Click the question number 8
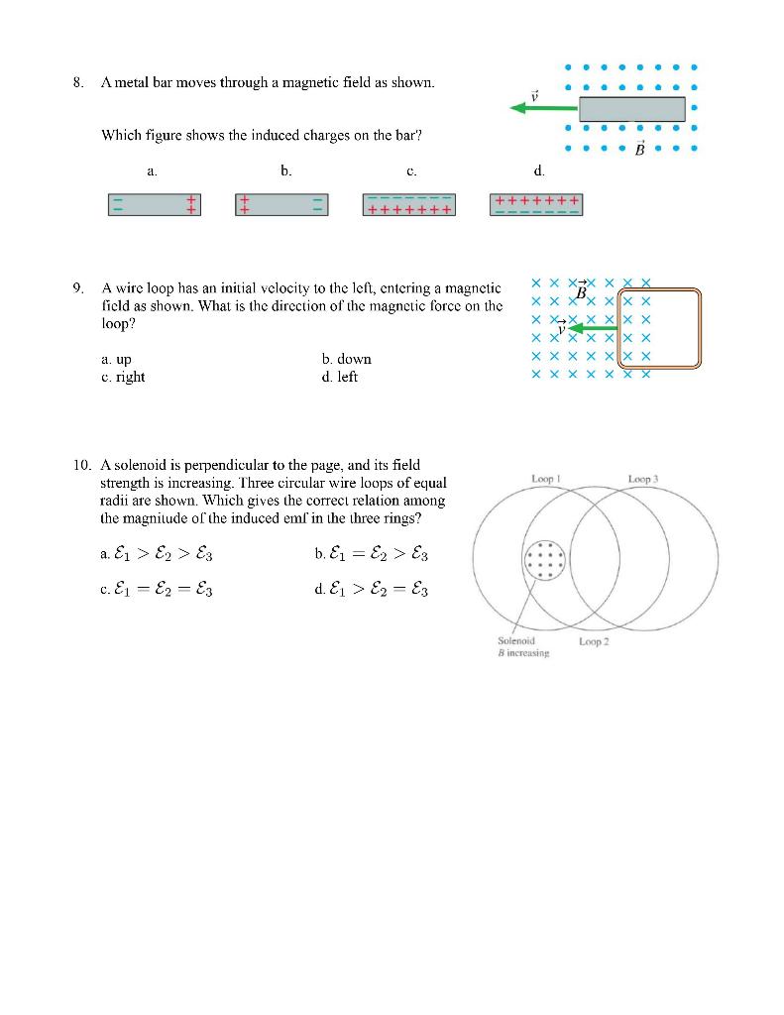(x=77, y=82)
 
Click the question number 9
(x=77, y=288)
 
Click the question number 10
(x=81, y=464)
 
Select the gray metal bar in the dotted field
(x=631, y=108)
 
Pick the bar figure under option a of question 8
(x=154, y=204)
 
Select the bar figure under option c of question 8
(x=409, y=204)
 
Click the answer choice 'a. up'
(x=116, y=359)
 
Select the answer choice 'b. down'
(x=346, y=359)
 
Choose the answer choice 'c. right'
(x=123, y=377)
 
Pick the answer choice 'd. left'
(x=340, y=377)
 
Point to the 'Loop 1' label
(x=547, y=479)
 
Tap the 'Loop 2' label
(x=594, y=641)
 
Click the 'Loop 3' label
(x=643, y=479)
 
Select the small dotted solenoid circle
(x=543, y=562)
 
